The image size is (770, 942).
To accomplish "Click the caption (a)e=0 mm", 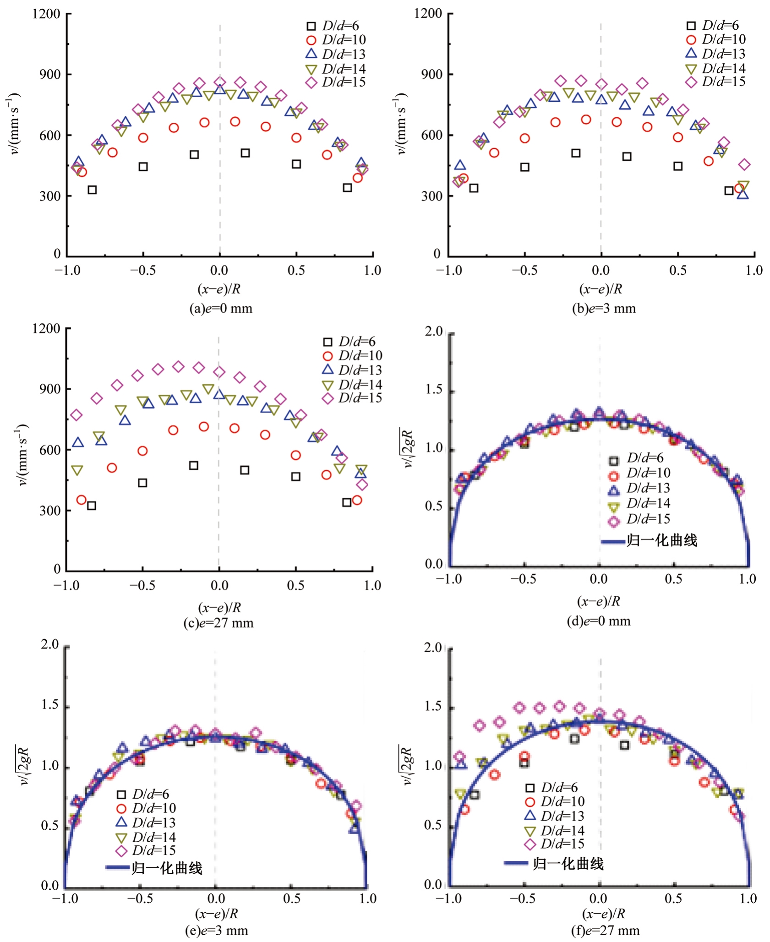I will pyautogui.click(x=221, y=308).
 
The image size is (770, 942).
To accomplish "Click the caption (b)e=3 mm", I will pyautogui.click(x=604, y=308).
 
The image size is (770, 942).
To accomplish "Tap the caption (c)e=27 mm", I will pyautogui.click(x=218, y=623).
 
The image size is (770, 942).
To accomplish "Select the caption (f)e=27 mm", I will pyautogui.click(x=605, y=930).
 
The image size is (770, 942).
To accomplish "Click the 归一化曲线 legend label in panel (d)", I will pyautogui.click(x=661, y=541).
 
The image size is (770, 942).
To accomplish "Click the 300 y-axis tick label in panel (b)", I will pyautogui.click(x=431, y=196).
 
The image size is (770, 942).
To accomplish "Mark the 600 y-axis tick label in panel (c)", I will pyautogui.click(x=49, y=450).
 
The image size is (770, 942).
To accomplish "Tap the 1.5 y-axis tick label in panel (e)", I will pyautogui.click(x=50, y=704).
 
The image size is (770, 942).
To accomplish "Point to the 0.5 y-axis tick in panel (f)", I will pyautogui.click(x=433, y=825).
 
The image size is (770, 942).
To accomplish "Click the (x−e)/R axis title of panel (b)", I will pyautogui.click(x=601, y=289).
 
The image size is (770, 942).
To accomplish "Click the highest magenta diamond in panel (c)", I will pyautogui.click(x=178, y=366).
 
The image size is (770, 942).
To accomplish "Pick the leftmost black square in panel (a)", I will pyautogui.click(x=92, y=190).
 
